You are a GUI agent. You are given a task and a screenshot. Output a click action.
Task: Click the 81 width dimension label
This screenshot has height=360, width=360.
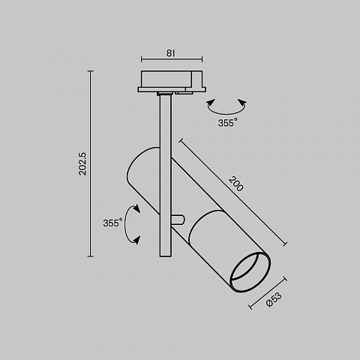click(171, 53)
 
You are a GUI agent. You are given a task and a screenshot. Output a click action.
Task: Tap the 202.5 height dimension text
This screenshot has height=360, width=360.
click(82, 163)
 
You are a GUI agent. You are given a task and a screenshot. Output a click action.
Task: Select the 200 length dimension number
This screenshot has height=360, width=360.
click(235, 184)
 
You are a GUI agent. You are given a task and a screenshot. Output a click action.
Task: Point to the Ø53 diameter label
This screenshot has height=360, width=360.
click(274, 299)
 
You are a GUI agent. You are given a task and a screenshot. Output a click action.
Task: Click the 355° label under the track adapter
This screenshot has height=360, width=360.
click(227, 123)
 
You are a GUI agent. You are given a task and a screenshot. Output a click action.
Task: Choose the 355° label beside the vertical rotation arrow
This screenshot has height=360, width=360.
click(112, 223)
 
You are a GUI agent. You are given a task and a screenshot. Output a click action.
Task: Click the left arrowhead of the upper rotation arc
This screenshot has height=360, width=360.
click(211, 103)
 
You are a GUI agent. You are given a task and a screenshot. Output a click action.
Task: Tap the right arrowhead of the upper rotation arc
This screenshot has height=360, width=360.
click(242, 103)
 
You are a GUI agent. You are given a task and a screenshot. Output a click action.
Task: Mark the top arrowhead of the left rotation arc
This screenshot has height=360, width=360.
click(136, 208)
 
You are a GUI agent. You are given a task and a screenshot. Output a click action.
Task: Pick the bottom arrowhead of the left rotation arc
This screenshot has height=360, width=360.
click(136, 240)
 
